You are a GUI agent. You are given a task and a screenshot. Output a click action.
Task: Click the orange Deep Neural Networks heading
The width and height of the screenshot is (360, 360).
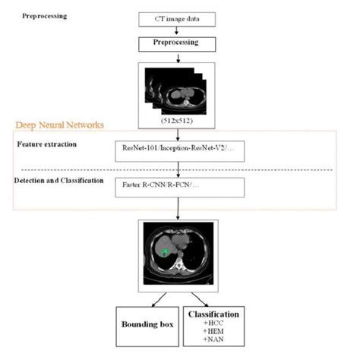(x=60, y=125)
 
